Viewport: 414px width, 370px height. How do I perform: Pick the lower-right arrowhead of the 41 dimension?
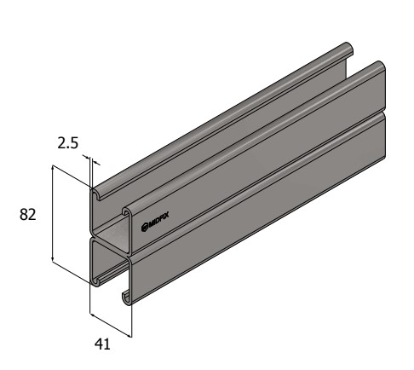(130, 333)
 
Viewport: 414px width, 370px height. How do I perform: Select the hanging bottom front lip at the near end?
(126, 295)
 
